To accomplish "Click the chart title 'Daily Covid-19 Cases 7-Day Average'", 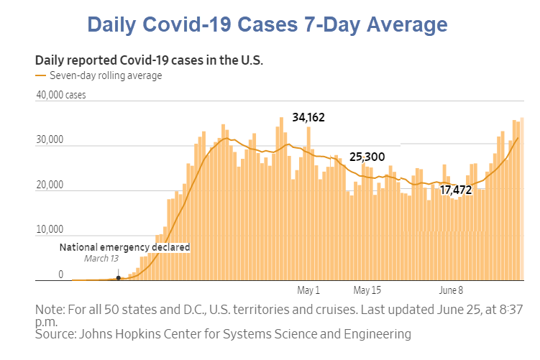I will [267, 24].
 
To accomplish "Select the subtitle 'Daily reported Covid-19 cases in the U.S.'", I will [149, 60].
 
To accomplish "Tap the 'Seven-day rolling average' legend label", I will [106, 75].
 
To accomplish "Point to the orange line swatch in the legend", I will [40, 75].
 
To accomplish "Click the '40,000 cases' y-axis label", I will [60, 95].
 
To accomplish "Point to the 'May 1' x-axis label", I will [308, 291].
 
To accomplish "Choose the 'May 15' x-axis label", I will [367, 291].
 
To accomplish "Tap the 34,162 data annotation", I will [308, 117].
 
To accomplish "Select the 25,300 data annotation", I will [367, 157].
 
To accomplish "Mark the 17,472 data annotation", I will [456, 190].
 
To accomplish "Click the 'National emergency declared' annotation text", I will [124, 247].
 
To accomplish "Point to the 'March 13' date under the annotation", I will [101, 259].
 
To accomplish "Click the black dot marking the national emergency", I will [118, 277].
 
